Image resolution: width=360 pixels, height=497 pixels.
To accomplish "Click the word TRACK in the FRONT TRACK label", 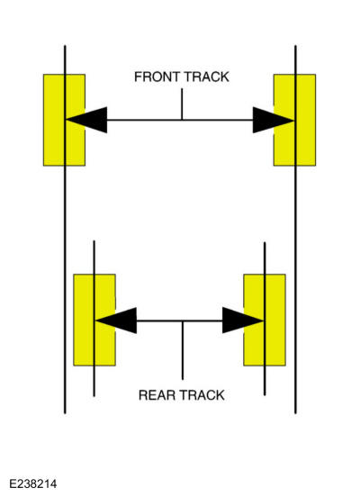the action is tap(206, 77).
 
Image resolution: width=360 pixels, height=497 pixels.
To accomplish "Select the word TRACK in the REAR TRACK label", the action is tap(201, 395).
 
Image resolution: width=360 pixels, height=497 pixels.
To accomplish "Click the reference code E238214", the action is tap(33, 484).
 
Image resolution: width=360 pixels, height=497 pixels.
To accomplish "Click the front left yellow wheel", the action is tap(64, 120).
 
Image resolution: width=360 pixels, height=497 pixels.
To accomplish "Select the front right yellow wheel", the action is tap(294, 120).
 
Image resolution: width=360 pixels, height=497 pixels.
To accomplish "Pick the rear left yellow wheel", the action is tap(94, 321).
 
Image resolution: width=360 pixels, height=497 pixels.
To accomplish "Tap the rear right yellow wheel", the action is tap(265, 321).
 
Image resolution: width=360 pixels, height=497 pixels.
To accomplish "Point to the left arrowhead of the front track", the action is tap(86, 120).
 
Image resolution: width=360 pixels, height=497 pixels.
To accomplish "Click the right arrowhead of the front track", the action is tap(274, 120).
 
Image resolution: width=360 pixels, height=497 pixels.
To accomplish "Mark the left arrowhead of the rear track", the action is tap(116, 321).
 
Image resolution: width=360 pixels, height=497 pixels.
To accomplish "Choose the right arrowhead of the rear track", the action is tap(243, 321).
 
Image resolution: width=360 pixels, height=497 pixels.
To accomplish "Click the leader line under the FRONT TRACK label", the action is tap(182, 104).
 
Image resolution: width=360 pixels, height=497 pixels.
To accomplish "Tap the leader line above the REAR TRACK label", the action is tap(183, 350).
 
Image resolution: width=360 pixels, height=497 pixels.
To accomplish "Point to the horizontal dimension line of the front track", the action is tap(180, 120).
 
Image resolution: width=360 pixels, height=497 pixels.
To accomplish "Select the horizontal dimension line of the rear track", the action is tap(180, 321).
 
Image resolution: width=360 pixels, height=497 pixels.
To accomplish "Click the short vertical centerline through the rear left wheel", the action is tap(94, 319).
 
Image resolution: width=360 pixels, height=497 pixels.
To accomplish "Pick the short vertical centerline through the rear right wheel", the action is tap(265, 319).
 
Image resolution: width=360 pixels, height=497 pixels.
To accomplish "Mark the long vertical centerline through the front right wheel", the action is tap(296, 230).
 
